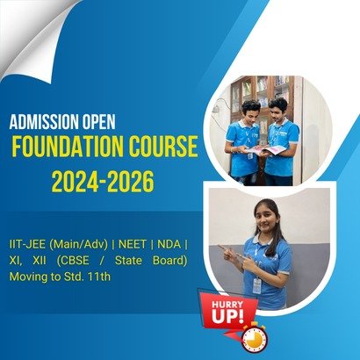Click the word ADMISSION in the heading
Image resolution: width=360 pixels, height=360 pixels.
point(44,122)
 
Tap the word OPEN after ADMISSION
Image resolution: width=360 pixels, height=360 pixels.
point(98,122)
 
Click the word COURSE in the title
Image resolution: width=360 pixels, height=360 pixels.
point(163,147)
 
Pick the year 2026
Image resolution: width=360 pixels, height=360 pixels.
point(130,182)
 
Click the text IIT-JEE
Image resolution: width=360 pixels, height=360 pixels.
point(27,245)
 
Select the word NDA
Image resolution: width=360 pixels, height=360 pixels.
point(169,245)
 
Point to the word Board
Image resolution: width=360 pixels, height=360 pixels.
point(169,261)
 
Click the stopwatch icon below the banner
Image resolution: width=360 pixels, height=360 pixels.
point(254,338)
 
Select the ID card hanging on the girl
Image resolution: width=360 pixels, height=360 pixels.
point(256,285)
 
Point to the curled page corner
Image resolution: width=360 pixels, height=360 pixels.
point(35,38)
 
